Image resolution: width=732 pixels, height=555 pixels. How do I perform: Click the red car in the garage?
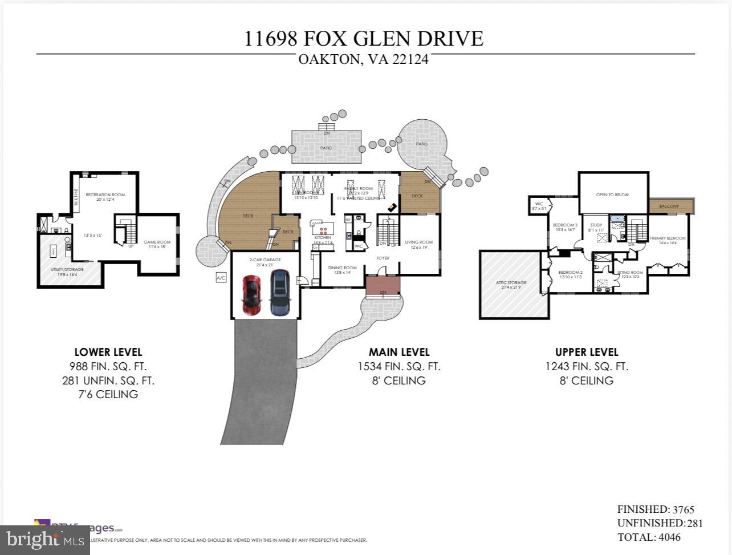(251, 294)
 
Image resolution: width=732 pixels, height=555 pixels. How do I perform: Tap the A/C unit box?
(221, 278)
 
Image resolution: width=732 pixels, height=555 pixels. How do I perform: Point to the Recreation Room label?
(105, 195)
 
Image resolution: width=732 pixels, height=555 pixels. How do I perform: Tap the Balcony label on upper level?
(669, 206)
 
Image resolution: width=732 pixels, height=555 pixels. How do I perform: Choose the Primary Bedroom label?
(668, 238)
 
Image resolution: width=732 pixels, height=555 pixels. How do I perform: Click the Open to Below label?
(612, 195)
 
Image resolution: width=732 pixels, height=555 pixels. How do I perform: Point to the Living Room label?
(419, 242)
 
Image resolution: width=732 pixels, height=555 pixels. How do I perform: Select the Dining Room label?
(342, 268)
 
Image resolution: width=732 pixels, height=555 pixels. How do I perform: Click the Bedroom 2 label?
(570, 273)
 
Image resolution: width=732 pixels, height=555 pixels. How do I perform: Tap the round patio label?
(421, 144)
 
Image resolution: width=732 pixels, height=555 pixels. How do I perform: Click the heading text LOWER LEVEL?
(108, 352)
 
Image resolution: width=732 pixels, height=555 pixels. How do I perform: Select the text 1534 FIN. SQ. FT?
(399, 367)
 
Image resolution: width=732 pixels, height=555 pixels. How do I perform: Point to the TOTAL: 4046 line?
(649, 537)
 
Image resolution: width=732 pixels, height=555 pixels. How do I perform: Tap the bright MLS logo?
(44, 539)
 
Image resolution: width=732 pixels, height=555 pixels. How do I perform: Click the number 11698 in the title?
(271, 39)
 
